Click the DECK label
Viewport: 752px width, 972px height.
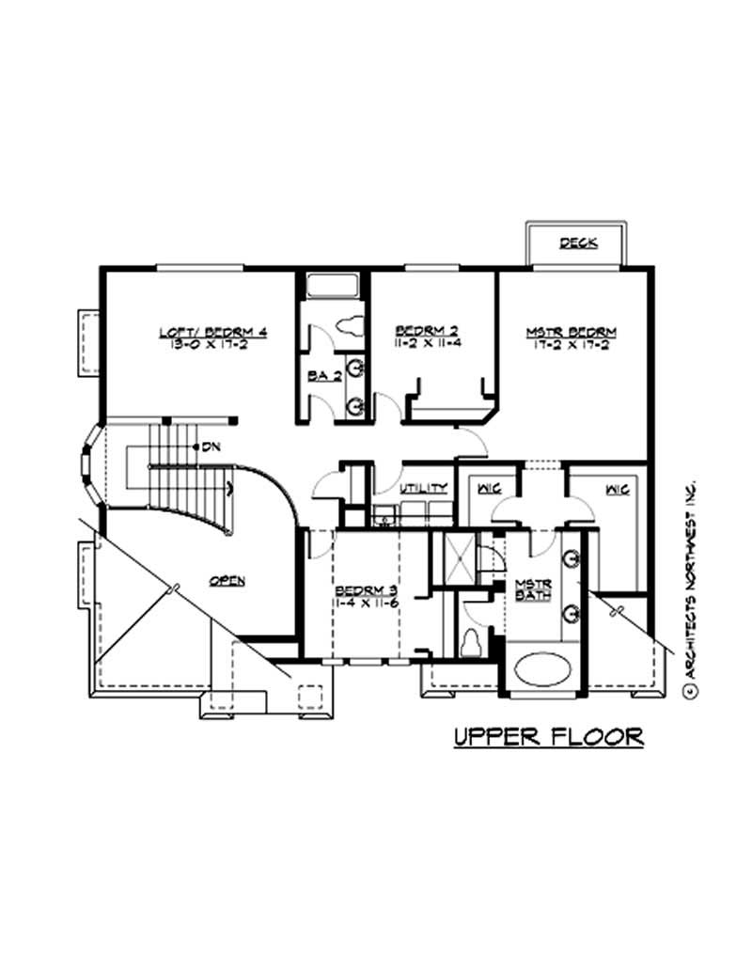coord(579,243)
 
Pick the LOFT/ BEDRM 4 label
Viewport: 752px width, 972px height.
coord(213,332)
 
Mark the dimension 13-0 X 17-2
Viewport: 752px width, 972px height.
coord(213,345)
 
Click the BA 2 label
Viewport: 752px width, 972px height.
coord(323,376)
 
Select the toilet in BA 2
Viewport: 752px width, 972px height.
coord(350,325)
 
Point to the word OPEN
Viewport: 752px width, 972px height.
coord(227,581)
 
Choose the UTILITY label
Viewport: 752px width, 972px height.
coord(422,489)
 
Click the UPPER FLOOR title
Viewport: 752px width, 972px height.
coord(549,736)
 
